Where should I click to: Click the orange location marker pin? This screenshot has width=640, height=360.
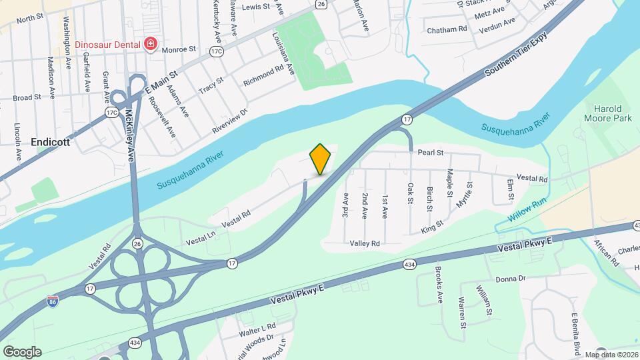click(321, 159)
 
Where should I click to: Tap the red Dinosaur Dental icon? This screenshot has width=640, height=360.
click(151, 45)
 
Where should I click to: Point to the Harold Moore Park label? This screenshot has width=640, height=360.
click(608, 113)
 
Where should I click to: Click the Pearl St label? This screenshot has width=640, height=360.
click(431, 153)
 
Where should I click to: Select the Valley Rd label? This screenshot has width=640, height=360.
click(365, 244)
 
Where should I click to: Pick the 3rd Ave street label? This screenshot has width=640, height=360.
click(345, 207)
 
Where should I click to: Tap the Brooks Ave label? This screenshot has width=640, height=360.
click(439, 285)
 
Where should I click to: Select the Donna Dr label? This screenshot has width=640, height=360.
click(511, 278)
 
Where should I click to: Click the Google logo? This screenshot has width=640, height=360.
click(22, 352)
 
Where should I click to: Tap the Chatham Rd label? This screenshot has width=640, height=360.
click(447, 29)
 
